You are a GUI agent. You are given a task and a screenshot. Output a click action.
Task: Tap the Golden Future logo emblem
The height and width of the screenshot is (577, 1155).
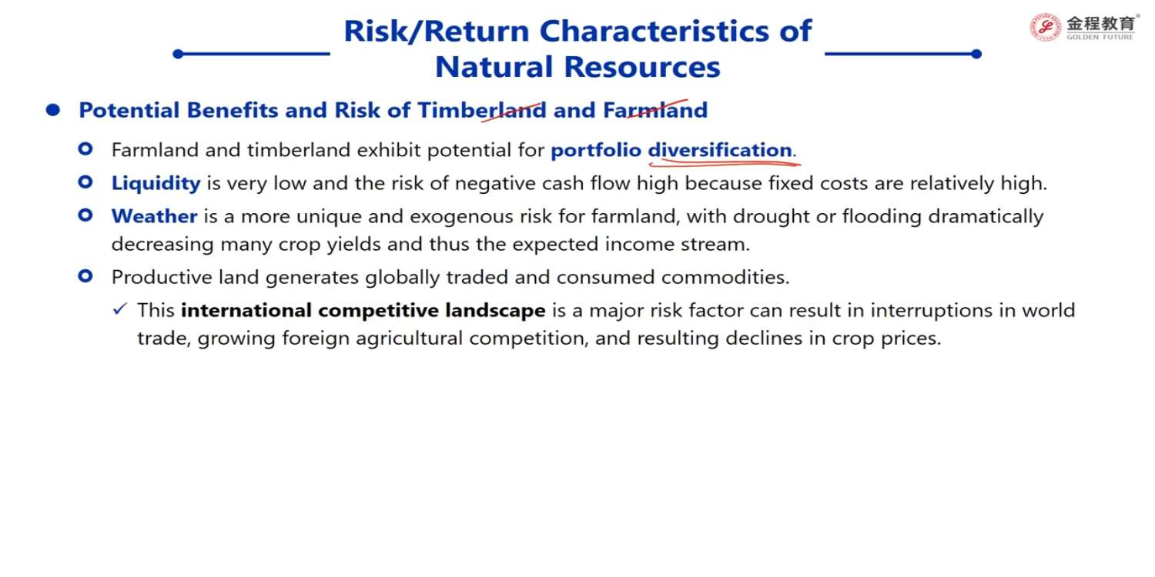tap(1045, 27)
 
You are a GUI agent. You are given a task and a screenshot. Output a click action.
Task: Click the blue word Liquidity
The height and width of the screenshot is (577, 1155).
tap(156, 184)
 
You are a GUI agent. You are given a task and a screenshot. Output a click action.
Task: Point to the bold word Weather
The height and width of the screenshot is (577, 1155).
tap(154, 216)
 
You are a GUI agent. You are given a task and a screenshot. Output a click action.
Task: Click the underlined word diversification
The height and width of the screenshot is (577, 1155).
tap(720, 150)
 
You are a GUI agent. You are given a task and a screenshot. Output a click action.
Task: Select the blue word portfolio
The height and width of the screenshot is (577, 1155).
tap(595, 151)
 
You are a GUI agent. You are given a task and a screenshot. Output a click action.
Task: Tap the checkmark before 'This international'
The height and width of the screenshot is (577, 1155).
tap(119, 309)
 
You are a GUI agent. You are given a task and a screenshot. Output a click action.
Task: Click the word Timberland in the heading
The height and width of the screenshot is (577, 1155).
tap(481, 110)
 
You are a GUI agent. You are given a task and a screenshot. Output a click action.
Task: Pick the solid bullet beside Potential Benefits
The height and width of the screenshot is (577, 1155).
tap(53, 110)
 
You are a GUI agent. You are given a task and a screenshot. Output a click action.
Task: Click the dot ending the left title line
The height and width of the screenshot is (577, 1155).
tap(178, 54)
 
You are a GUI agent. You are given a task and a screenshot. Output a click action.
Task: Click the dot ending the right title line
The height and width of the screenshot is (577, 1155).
tap(976, 54)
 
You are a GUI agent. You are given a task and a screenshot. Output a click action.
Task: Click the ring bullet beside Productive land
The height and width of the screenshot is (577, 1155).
tap(85, 277)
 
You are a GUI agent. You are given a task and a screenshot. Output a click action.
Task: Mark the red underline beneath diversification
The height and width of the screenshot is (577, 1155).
tap(725, 164)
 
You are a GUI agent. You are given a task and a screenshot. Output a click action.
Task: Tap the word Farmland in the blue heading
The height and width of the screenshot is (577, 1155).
tap(654, 110)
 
